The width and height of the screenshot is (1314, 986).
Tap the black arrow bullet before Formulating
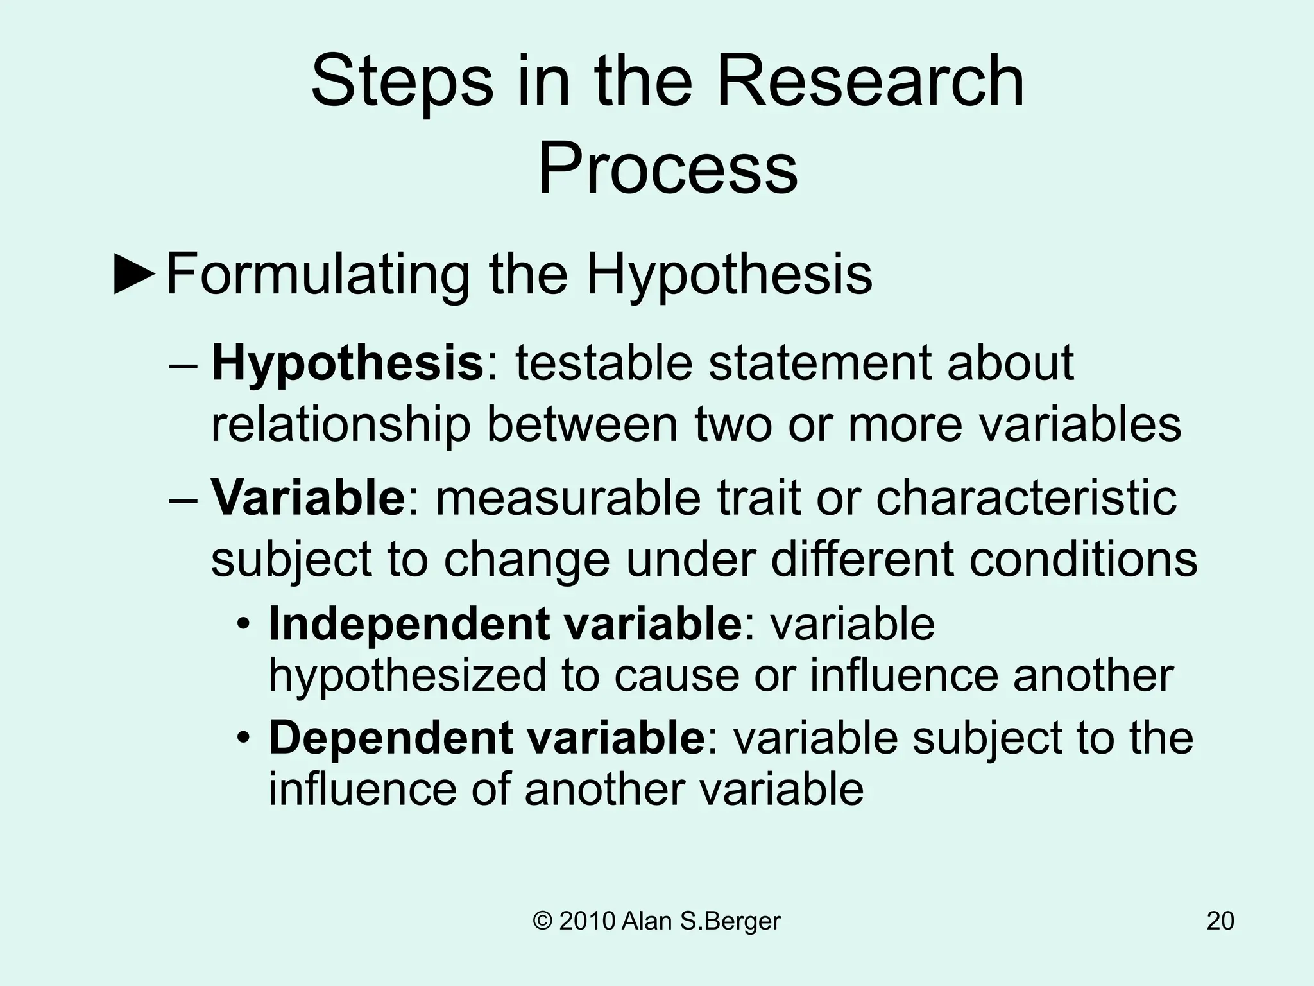point(135,275)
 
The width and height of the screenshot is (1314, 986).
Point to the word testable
point(604,363)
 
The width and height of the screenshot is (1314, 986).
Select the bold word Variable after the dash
point(308,497)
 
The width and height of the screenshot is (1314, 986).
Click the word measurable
point(568,497)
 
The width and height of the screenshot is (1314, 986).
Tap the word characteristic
point(1026,497)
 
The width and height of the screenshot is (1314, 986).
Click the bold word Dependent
point(389,738)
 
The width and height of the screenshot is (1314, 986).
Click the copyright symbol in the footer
point(543,921)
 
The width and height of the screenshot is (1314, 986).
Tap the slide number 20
point(1220,921)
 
